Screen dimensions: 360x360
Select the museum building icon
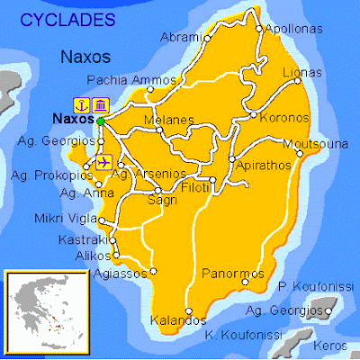point(100,102)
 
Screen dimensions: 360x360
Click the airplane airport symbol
point(102,162)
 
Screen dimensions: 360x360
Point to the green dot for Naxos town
point(102,120)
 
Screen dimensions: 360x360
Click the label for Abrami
point(180,37)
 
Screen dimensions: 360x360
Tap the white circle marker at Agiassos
point(154,270)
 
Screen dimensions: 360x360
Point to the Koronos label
point(284,118)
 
